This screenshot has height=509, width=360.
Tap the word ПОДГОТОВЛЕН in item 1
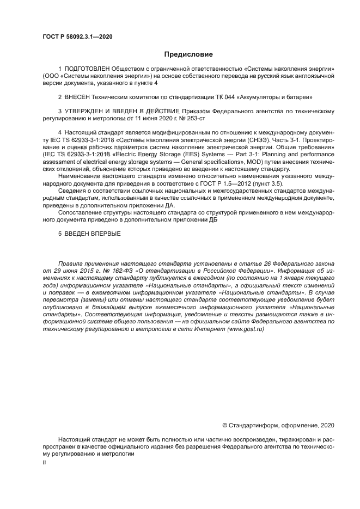pos(87,69)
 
